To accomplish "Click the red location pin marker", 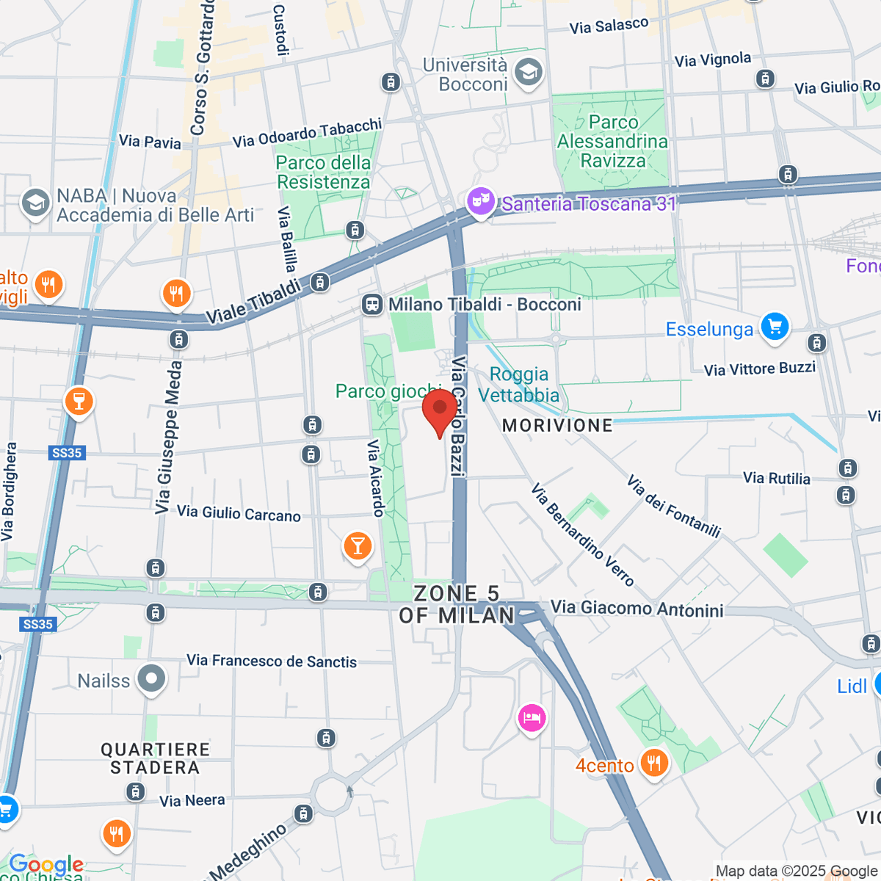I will coord(440,408).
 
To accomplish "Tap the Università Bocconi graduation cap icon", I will coord(528,73).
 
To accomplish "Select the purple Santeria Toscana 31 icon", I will coord(481,200).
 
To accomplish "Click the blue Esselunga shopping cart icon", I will coord(775,327).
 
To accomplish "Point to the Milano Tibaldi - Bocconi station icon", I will coord(372,305).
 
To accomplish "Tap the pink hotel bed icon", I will coord(532,717).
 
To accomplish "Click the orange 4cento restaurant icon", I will coord(653,764).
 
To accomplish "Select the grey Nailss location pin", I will coord(152,678).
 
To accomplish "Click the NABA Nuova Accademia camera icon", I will coord(35,203).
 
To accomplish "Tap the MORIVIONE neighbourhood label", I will coord(557,425).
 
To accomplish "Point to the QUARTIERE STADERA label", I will coord(155,758).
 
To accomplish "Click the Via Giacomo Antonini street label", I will coord(637,609).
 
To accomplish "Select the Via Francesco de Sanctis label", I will coord(272,661).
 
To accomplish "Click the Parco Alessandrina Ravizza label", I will coord(612,141).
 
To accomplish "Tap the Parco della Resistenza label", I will coord(323,172).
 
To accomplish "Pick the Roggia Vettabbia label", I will coord(518,385).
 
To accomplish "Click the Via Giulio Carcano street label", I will coord(239,513).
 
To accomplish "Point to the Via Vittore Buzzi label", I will coord(759,369).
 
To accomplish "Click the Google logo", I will coord(46,864).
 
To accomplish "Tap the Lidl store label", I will coord(852,686).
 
